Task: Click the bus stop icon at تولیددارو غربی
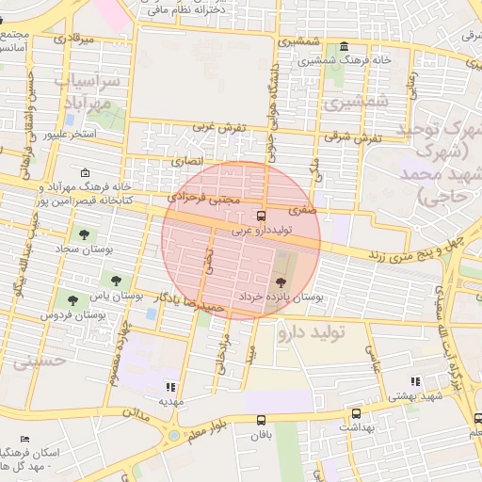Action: point(262,216)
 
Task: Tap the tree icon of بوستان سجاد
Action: point(85,233)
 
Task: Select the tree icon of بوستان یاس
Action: point(117,280)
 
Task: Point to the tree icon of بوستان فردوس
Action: point(72,300)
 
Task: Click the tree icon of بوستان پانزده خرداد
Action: point(280,281)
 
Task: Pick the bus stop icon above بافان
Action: point(261,421)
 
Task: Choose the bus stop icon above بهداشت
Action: point(356,413)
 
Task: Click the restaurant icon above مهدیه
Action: point(170,386)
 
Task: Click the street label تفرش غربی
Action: point(219,126)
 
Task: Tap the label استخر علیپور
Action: point(71,135)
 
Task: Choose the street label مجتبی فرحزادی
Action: point(204,199)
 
